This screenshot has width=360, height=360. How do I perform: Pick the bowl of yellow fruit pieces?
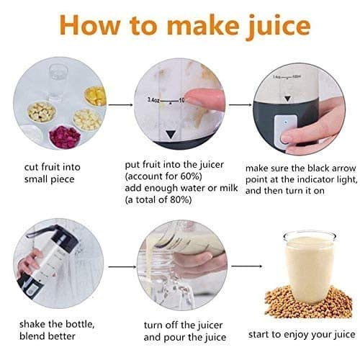click(95, 95)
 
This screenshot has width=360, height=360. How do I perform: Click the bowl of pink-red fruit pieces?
click(65, 135)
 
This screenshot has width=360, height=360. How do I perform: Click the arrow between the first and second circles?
click(120, 105)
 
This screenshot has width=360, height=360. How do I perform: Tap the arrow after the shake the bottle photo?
click(120, 266)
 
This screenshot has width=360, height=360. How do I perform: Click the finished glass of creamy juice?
click(309, 263)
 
